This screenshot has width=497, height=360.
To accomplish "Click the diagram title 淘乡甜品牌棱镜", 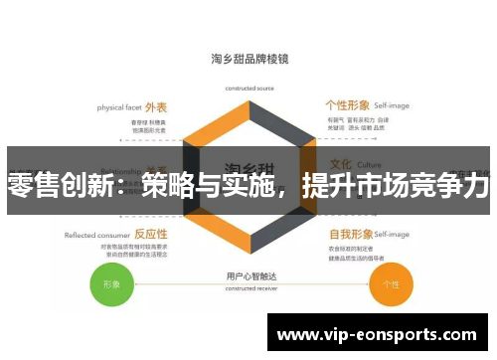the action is pos(249,58).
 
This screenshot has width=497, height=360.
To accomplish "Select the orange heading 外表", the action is pos(156,106).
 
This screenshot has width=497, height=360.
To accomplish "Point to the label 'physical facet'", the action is pos(118,107).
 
